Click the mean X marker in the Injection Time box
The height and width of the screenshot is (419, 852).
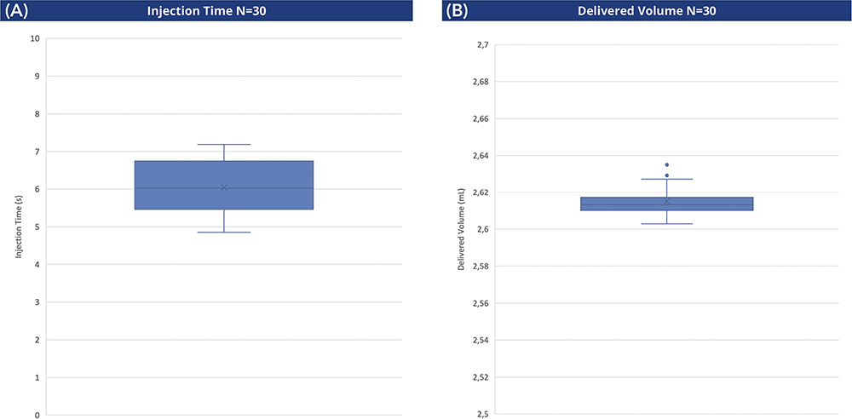point(224,187)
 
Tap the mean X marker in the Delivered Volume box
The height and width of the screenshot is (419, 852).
point(667,201)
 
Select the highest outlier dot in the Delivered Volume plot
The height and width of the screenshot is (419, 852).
point(667,164)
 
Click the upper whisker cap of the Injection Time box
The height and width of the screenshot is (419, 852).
point(224,145)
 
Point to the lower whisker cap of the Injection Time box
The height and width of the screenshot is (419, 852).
point(224,232)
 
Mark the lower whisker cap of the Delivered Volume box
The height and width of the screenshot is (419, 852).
point(667,223)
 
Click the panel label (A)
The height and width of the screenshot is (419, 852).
point(15,10)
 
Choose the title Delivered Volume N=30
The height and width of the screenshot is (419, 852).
point(647,11)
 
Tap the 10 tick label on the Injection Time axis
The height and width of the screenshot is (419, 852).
point(35,38)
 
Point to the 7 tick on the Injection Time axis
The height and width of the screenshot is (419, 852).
point(37,152)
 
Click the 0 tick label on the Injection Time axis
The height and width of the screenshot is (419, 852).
point(37,416)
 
